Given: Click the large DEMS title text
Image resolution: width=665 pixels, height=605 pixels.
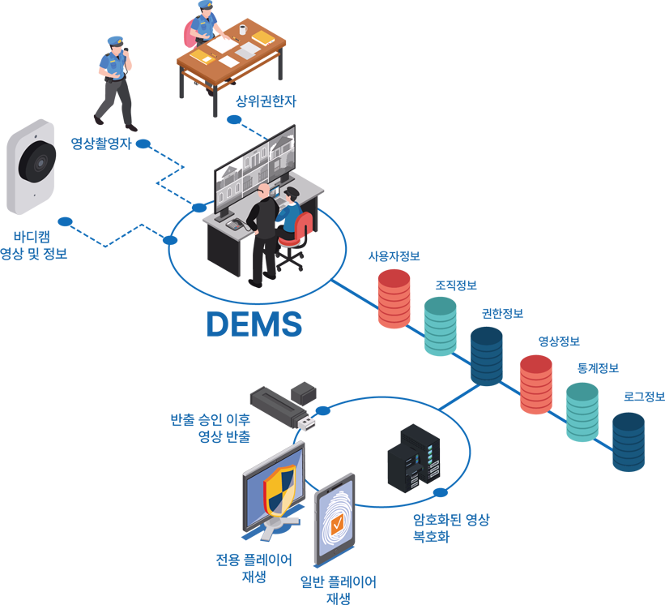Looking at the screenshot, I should (254, 324).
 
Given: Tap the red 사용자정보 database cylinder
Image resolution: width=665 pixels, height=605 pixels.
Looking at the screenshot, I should (394, 298).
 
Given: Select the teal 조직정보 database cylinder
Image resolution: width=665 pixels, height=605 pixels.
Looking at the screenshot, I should (441, 326).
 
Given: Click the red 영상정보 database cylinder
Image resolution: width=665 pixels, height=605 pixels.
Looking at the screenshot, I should (536, 384).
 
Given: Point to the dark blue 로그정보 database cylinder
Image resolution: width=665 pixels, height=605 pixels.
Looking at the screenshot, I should (629, 442).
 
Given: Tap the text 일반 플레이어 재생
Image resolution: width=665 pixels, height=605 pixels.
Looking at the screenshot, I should (338, 590).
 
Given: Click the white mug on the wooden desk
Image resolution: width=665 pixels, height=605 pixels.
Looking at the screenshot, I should (242, 29).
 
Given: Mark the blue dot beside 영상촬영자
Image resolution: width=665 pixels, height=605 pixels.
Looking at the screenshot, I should (143, 144).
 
